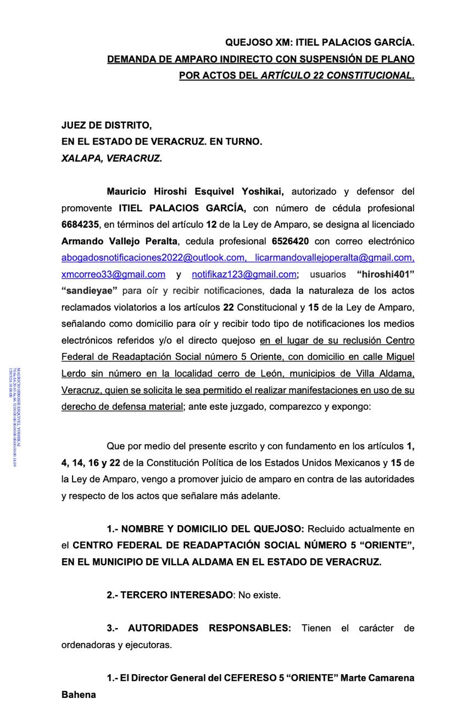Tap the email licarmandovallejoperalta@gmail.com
[335, 257]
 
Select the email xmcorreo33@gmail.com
[113, 274]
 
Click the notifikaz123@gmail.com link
[244, 274]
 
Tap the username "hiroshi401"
[385, 274]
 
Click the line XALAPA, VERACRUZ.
[112, 158]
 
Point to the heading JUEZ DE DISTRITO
[107, 125]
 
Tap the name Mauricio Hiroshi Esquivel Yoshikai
[195, 191]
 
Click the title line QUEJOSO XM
[320, 42]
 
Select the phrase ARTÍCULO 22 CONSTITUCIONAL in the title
[337, 75]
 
